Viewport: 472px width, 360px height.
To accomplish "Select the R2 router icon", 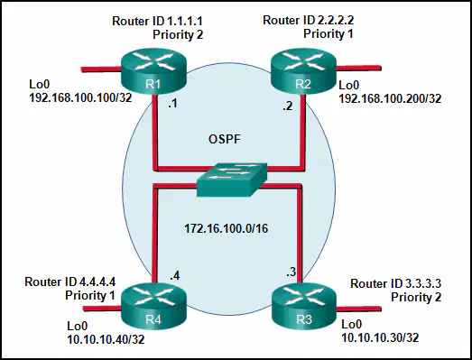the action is pos(303,71).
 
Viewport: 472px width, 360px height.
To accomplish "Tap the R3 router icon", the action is pos(304,307).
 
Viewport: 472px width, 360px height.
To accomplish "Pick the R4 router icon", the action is pos(153,307).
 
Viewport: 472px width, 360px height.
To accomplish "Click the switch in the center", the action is pos(232,180).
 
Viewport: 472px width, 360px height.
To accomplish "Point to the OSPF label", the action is pos(225,139).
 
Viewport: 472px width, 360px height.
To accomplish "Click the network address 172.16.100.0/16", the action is pos(226,228).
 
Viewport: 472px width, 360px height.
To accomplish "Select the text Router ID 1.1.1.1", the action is pos(157,21).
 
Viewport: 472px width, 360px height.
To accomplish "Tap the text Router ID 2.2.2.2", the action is pos(309,20).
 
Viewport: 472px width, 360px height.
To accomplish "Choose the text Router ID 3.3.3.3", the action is pos(396,283).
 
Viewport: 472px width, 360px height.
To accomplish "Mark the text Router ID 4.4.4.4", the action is pos(70,282).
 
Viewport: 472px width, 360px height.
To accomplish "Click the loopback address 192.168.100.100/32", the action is pos(80,97).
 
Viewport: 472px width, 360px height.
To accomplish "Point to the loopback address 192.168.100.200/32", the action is pos(390,98).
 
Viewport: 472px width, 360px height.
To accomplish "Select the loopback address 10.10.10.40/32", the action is pos(106,339).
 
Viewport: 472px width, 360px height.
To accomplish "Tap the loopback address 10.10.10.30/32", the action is pos(380,337).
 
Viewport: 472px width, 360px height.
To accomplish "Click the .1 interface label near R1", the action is pos(172,104).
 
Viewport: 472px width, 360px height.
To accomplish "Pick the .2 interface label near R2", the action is pos(288,106).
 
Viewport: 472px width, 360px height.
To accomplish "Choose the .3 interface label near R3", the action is pos(292,272).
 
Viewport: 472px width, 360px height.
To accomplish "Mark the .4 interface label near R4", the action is pos(175,275).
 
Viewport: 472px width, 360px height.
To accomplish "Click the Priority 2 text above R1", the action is pos(178,34).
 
